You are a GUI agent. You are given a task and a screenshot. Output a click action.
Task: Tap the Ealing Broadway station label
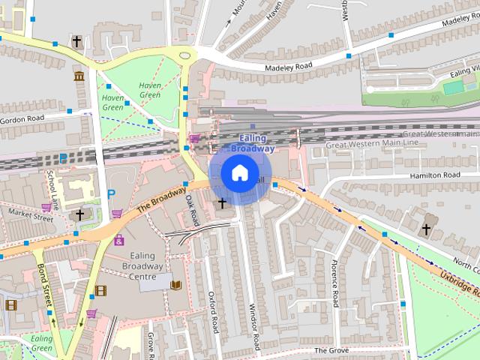pos(251,143)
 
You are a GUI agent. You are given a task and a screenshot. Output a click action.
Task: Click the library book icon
pos(176,285)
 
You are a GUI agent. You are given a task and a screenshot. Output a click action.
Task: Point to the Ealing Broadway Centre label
pos(142,265)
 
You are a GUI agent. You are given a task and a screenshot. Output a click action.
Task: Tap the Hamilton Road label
pos(434,175)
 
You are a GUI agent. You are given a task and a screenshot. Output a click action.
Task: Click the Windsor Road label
pos(253,327)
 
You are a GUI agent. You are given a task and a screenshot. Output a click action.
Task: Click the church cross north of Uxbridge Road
pos(426,229)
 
